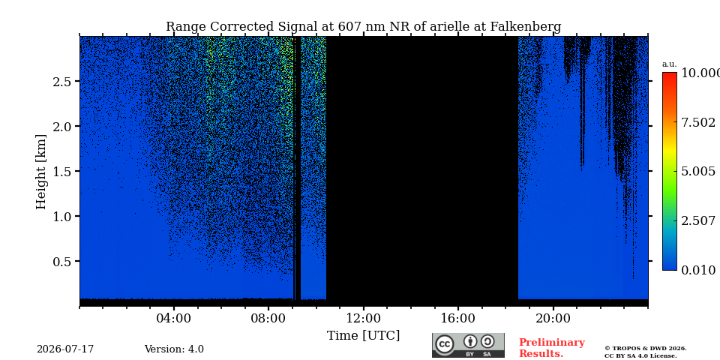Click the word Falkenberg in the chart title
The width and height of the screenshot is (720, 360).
tap(526, 27)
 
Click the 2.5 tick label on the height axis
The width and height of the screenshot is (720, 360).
tap(61, 81)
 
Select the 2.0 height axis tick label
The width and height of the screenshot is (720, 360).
tap(61, 126)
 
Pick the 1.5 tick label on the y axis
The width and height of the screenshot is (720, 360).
tap(61, 171)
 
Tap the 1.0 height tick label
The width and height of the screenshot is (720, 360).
tap(61, 216)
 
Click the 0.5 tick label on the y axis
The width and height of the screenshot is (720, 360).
tap(61, 261)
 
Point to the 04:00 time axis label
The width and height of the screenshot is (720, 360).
tap(174, 318)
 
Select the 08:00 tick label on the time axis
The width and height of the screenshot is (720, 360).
tap(268, 318)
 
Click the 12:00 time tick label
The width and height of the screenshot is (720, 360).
tap(364, 318)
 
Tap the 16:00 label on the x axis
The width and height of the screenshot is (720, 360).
tap(458, 318)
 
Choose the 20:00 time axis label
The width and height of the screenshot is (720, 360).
tap(553, 318)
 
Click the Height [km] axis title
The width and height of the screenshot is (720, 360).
tap(41, 172)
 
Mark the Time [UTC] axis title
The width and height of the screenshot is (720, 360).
tap(363, 336)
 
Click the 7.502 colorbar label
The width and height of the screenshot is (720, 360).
tap(698, 122)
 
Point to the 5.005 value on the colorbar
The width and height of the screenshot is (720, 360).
tap(698, 172)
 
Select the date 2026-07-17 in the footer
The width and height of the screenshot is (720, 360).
tap(65, 349)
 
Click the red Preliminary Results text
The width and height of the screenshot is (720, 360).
tap(552, 348)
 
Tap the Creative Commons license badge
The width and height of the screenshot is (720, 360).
tap(468, 345)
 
